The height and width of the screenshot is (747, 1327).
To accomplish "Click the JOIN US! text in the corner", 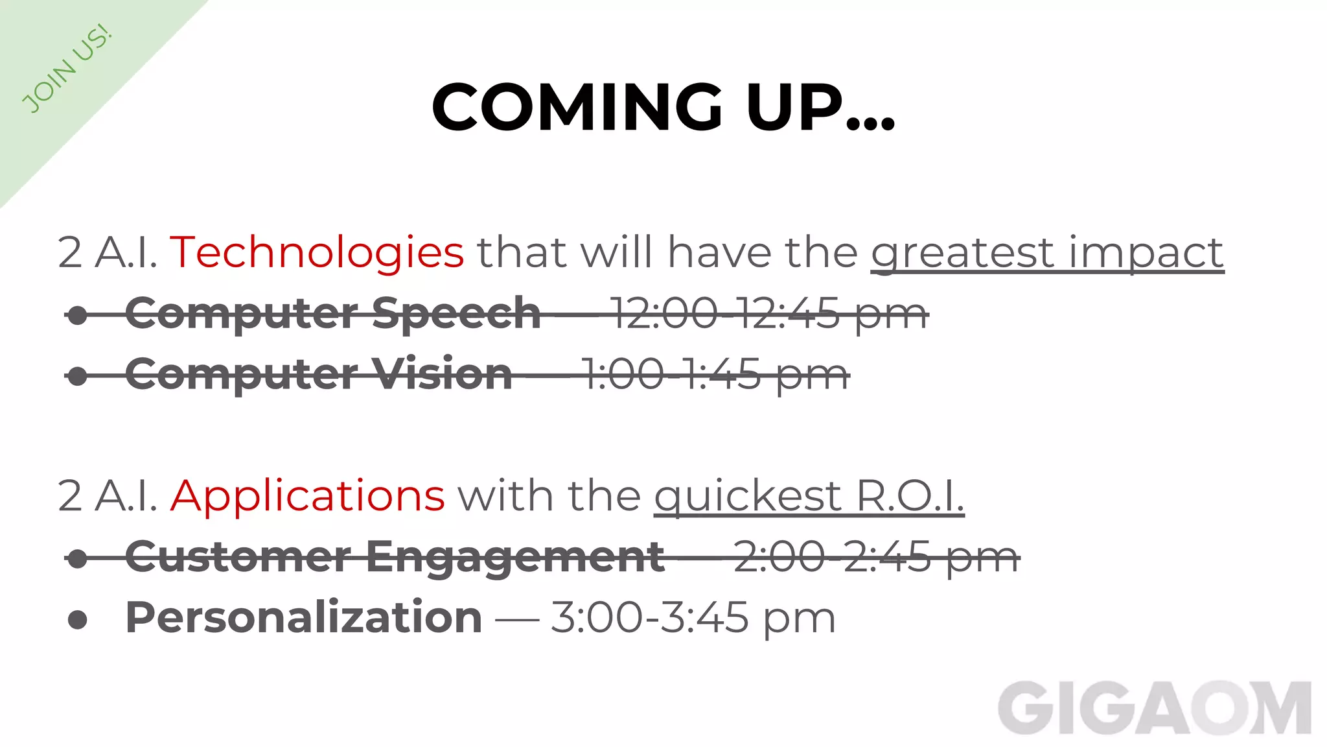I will [x=67, y=69].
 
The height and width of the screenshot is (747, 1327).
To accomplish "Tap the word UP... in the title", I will [x=820, y=108].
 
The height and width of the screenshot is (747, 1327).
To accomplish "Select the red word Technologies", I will [x=317, y=252].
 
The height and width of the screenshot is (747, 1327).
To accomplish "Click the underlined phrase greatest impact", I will [x=1047, y=252].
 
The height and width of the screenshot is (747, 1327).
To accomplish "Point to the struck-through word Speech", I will [x=456, y=314].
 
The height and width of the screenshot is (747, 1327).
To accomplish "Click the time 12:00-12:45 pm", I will [x=768, y=314].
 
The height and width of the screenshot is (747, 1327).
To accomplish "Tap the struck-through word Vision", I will [x=441, y=375].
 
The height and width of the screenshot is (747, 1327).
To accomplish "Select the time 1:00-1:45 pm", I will [x=715, y=375].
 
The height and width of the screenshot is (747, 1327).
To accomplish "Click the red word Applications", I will [x=308, y=496].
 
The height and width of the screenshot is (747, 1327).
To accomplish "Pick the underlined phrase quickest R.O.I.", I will [x=809, y=496].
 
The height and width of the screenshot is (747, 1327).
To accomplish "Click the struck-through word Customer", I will [x=238, y=557].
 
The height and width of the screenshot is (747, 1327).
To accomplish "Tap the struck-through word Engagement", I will [x=515, y=557].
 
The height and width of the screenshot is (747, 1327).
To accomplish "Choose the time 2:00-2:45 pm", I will [x=876, y=557].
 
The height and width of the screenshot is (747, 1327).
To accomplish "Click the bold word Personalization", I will [x=303, y=617].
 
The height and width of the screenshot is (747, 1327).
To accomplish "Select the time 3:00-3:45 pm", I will [x=693, y=617].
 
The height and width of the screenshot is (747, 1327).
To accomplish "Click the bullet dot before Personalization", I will [x=78, y=619].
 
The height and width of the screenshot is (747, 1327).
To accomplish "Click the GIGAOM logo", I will [x=1154, y=709].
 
